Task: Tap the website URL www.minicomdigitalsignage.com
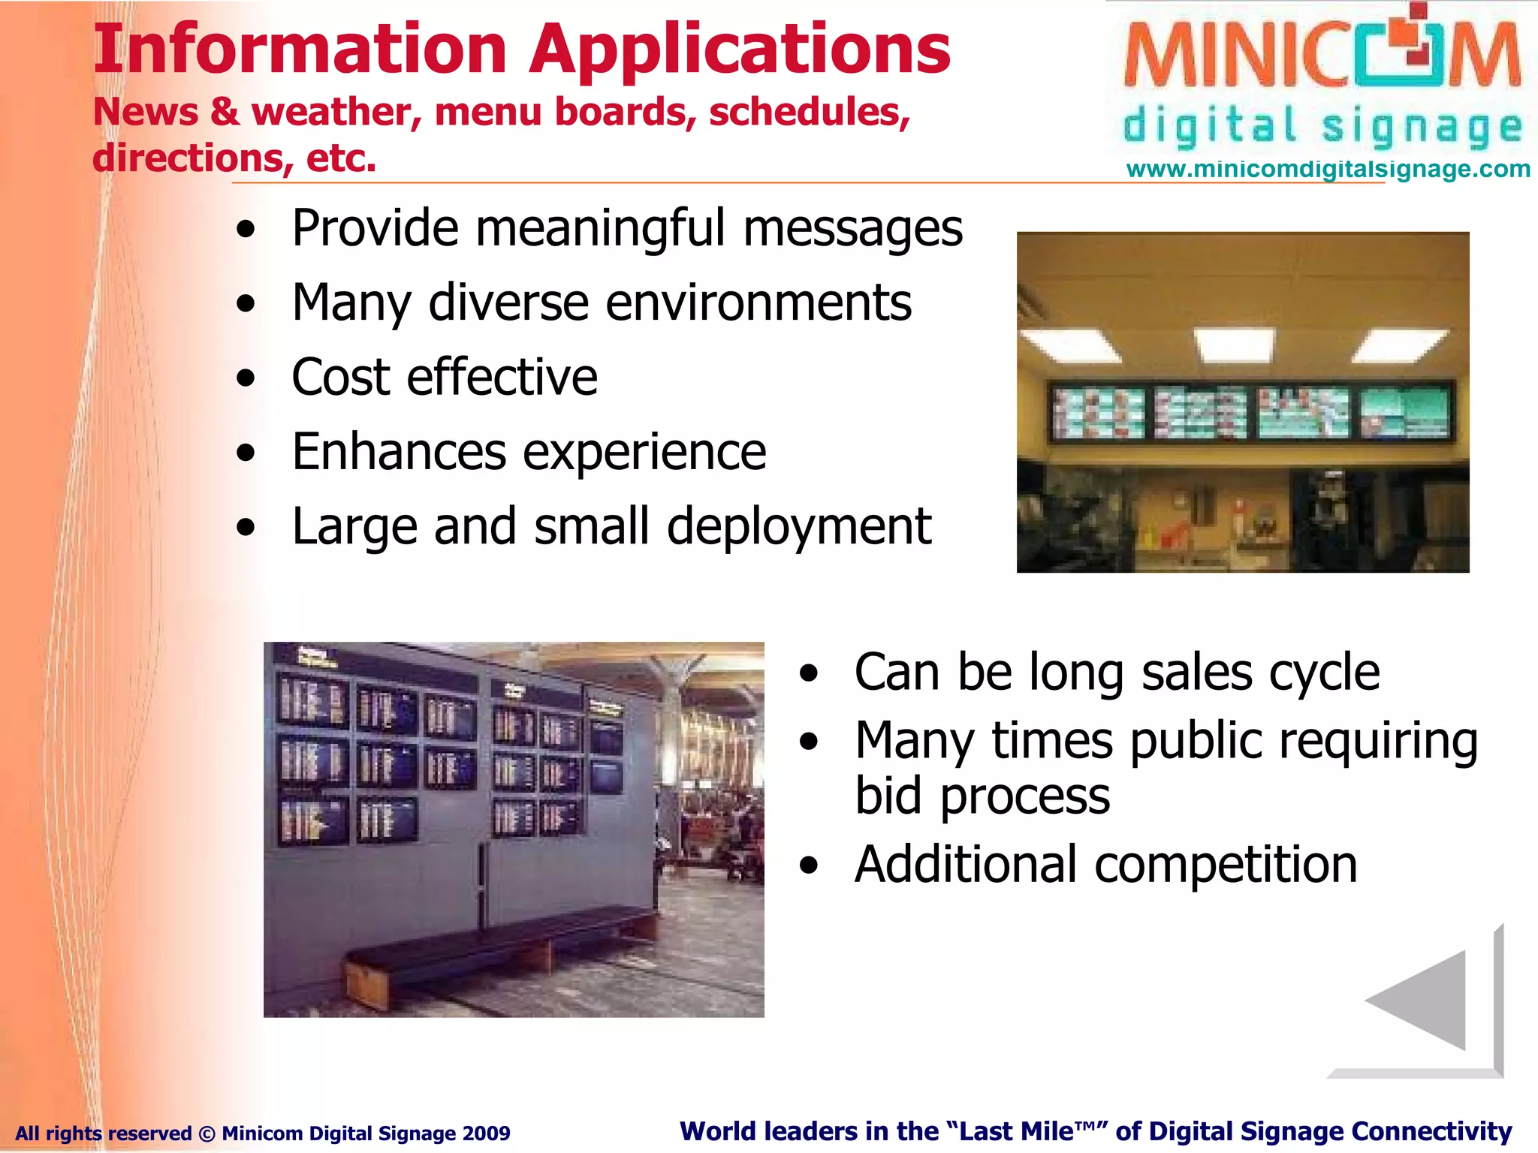1328,169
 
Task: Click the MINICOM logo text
1322,56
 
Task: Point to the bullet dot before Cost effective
246,378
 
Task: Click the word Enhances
398,453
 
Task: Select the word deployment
798,527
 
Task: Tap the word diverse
508,303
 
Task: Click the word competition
1226,866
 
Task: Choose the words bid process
982,797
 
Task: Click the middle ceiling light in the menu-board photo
1234,344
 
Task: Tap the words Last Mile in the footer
1015,1131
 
